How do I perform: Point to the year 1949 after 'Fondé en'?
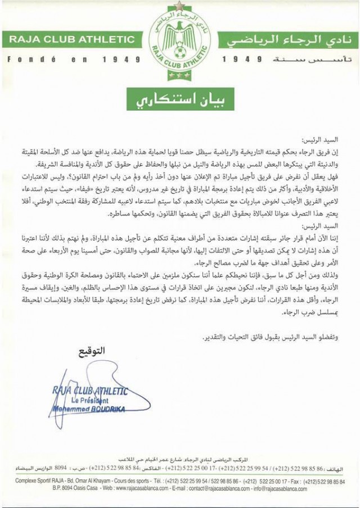pos(122,58)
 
